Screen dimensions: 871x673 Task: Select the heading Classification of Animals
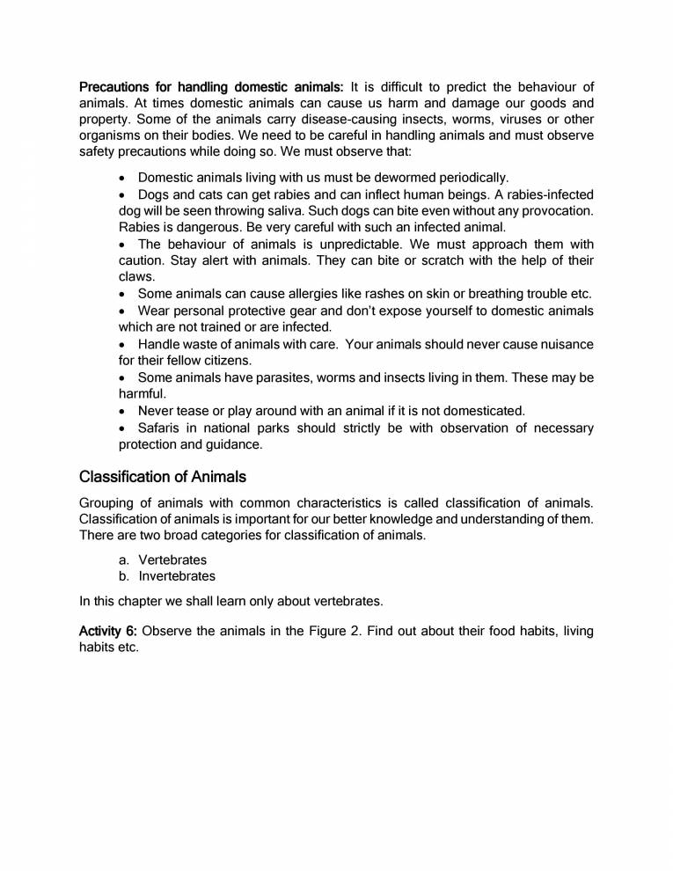pyautogui.click(x=163, y=478)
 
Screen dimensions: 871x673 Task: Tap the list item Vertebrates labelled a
pyautogui.click(x=172, y=560)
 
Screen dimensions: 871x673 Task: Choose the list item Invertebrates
pyautogui.click(x=177, y=577)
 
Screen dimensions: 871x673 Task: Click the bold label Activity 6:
pyautogui.click(x=109, y=631)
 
